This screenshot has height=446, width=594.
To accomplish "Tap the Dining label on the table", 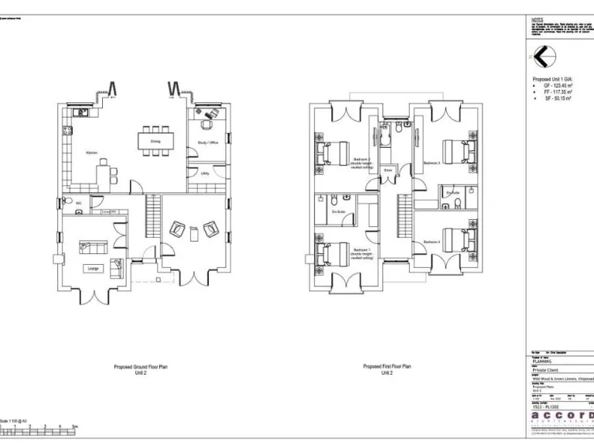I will [155, 142].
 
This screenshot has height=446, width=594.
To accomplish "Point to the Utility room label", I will [205, 173].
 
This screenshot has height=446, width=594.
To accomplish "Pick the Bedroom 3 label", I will [432, 163].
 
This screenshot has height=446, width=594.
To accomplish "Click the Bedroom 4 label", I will [432, 242].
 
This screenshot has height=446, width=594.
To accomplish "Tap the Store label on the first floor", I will [387, 169].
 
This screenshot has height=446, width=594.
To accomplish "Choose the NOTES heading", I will [538, 20].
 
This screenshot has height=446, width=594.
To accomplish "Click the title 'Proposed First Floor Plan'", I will [387, 366].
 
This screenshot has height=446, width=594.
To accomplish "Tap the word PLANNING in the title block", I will [542, 362].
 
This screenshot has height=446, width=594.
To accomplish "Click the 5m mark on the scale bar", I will [74, 427].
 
